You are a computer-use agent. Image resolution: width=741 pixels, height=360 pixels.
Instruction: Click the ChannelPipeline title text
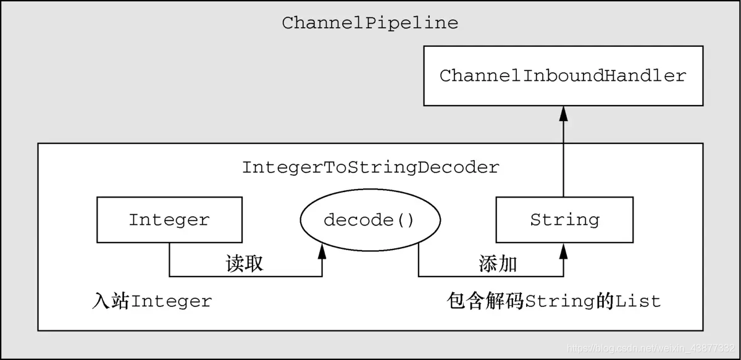click(x=370, y=23)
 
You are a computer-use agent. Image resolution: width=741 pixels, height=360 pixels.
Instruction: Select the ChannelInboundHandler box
click(x=563, y=75)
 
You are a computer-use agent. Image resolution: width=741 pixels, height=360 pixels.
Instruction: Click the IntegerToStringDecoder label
click(x=370, y=167)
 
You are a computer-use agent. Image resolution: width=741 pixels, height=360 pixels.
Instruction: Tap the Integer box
click(x=169, y=220)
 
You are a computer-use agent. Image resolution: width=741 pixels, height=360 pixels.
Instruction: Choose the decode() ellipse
click(x=369, y=220)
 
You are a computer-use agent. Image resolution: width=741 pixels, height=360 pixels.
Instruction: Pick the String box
click(x=564, y=220)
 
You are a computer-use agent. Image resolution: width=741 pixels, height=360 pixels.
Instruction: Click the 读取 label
click(x=245, y=264)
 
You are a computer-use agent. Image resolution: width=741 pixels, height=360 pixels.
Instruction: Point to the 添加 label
click(x=498, y=264)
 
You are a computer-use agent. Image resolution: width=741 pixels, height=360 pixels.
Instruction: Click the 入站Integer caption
click(x=152, y=301)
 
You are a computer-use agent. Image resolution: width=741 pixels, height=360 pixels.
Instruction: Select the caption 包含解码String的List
click(x=553, y=301)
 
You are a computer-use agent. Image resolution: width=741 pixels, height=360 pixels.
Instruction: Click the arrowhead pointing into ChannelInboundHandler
click(x=563, y=112)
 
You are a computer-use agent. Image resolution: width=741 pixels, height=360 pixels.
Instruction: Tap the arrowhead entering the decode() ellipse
click(x=322, y=251)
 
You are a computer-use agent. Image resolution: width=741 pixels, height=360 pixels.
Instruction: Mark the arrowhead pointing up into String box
click(x=563, y=249)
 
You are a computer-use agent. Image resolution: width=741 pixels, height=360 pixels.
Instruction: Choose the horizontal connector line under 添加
click(x=491, y=276)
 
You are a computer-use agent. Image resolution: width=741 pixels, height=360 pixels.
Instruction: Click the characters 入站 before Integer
click(x=111, y=301)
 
